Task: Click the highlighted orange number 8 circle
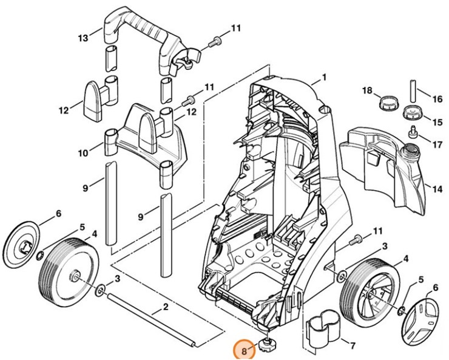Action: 243,350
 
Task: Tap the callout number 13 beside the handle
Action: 83,38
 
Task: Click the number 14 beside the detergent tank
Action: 437,189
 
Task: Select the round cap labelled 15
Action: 412,114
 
